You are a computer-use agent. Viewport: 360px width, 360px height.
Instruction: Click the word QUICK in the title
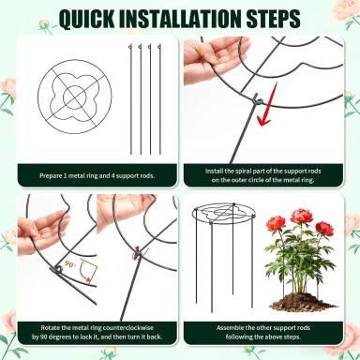[86, 19]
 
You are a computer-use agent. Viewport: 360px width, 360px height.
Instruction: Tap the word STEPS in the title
[274, 19]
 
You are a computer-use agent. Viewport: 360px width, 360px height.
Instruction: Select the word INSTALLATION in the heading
[180, 19]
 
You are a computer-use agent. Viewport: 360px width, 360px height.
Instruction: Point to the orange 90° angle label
[70, 264]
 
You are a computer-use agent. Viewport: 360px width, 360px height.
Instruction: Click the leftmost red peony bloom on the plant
[276, 225]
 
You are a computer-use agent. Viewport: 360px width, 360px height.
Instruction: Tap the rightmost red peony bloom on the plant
[324, 229]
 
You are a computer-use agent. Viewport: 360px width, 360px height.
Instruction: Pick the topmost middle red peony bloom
[300, 217]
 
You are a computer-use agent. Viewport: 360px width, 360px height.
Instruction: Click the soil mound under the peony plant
[303, 302]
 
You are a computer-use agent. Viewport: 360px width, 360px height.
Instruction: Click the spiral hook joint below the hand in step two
[258, 100]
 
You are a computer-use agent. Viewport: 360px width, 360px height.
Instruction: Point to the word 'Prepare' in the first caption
[51, 176]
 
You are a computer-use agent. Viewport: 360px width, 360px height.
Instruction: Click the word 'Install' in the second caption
[214, 172]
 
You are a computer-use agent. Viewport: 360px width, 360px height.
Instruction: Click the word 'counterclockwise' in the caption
[127, 328]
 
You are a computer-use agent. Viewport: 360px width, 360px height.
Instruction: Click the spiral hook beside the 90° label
[58, 269]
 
